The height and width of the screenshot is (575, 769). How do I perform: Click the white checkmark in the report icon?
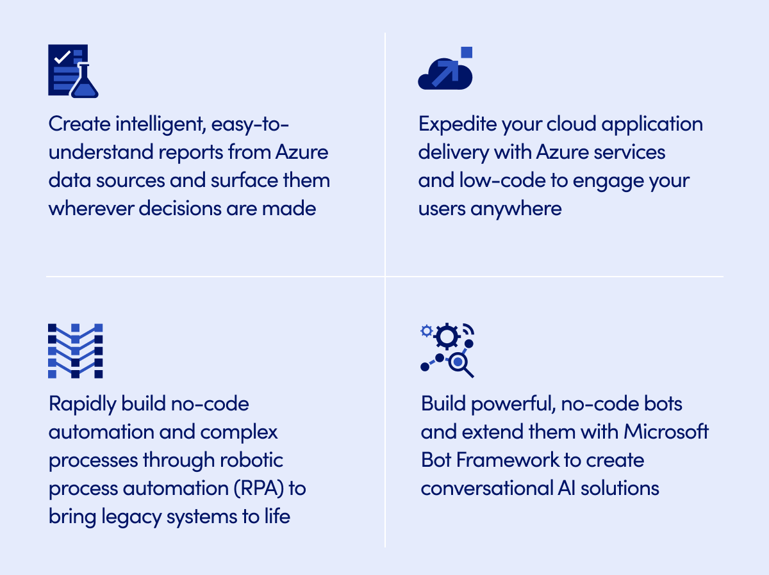62,58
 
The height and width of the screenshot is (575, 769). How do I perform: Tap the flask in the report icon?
85,82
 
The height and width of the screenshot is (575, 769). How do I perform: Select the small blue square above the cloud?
467,52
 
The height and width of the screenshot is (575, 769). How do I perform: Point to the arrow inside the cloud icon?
445,73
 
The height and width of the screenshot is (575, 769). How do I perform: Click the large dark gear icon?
447,336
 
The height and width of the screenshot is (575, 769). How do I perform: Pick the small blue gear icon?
426,331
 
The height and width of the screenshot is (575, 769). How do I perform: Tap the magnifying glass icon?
461,366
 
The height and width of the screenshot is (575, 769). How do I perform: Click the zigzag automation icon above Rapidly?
76,351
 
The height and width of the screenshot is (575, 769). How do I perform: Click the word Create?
79,124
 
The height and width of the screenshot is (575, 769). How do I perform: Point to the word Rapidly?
83,405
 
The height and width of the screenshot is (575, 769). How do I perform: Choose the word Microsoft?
666,432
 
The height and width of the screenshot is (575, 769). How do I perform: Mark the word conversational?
486,488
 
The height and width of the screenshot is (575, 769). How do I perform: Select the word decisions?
180,209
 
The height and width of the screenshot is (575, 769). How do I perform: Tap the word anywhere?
516,209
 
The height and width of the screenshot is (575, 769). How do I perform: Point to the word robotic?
251,460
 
